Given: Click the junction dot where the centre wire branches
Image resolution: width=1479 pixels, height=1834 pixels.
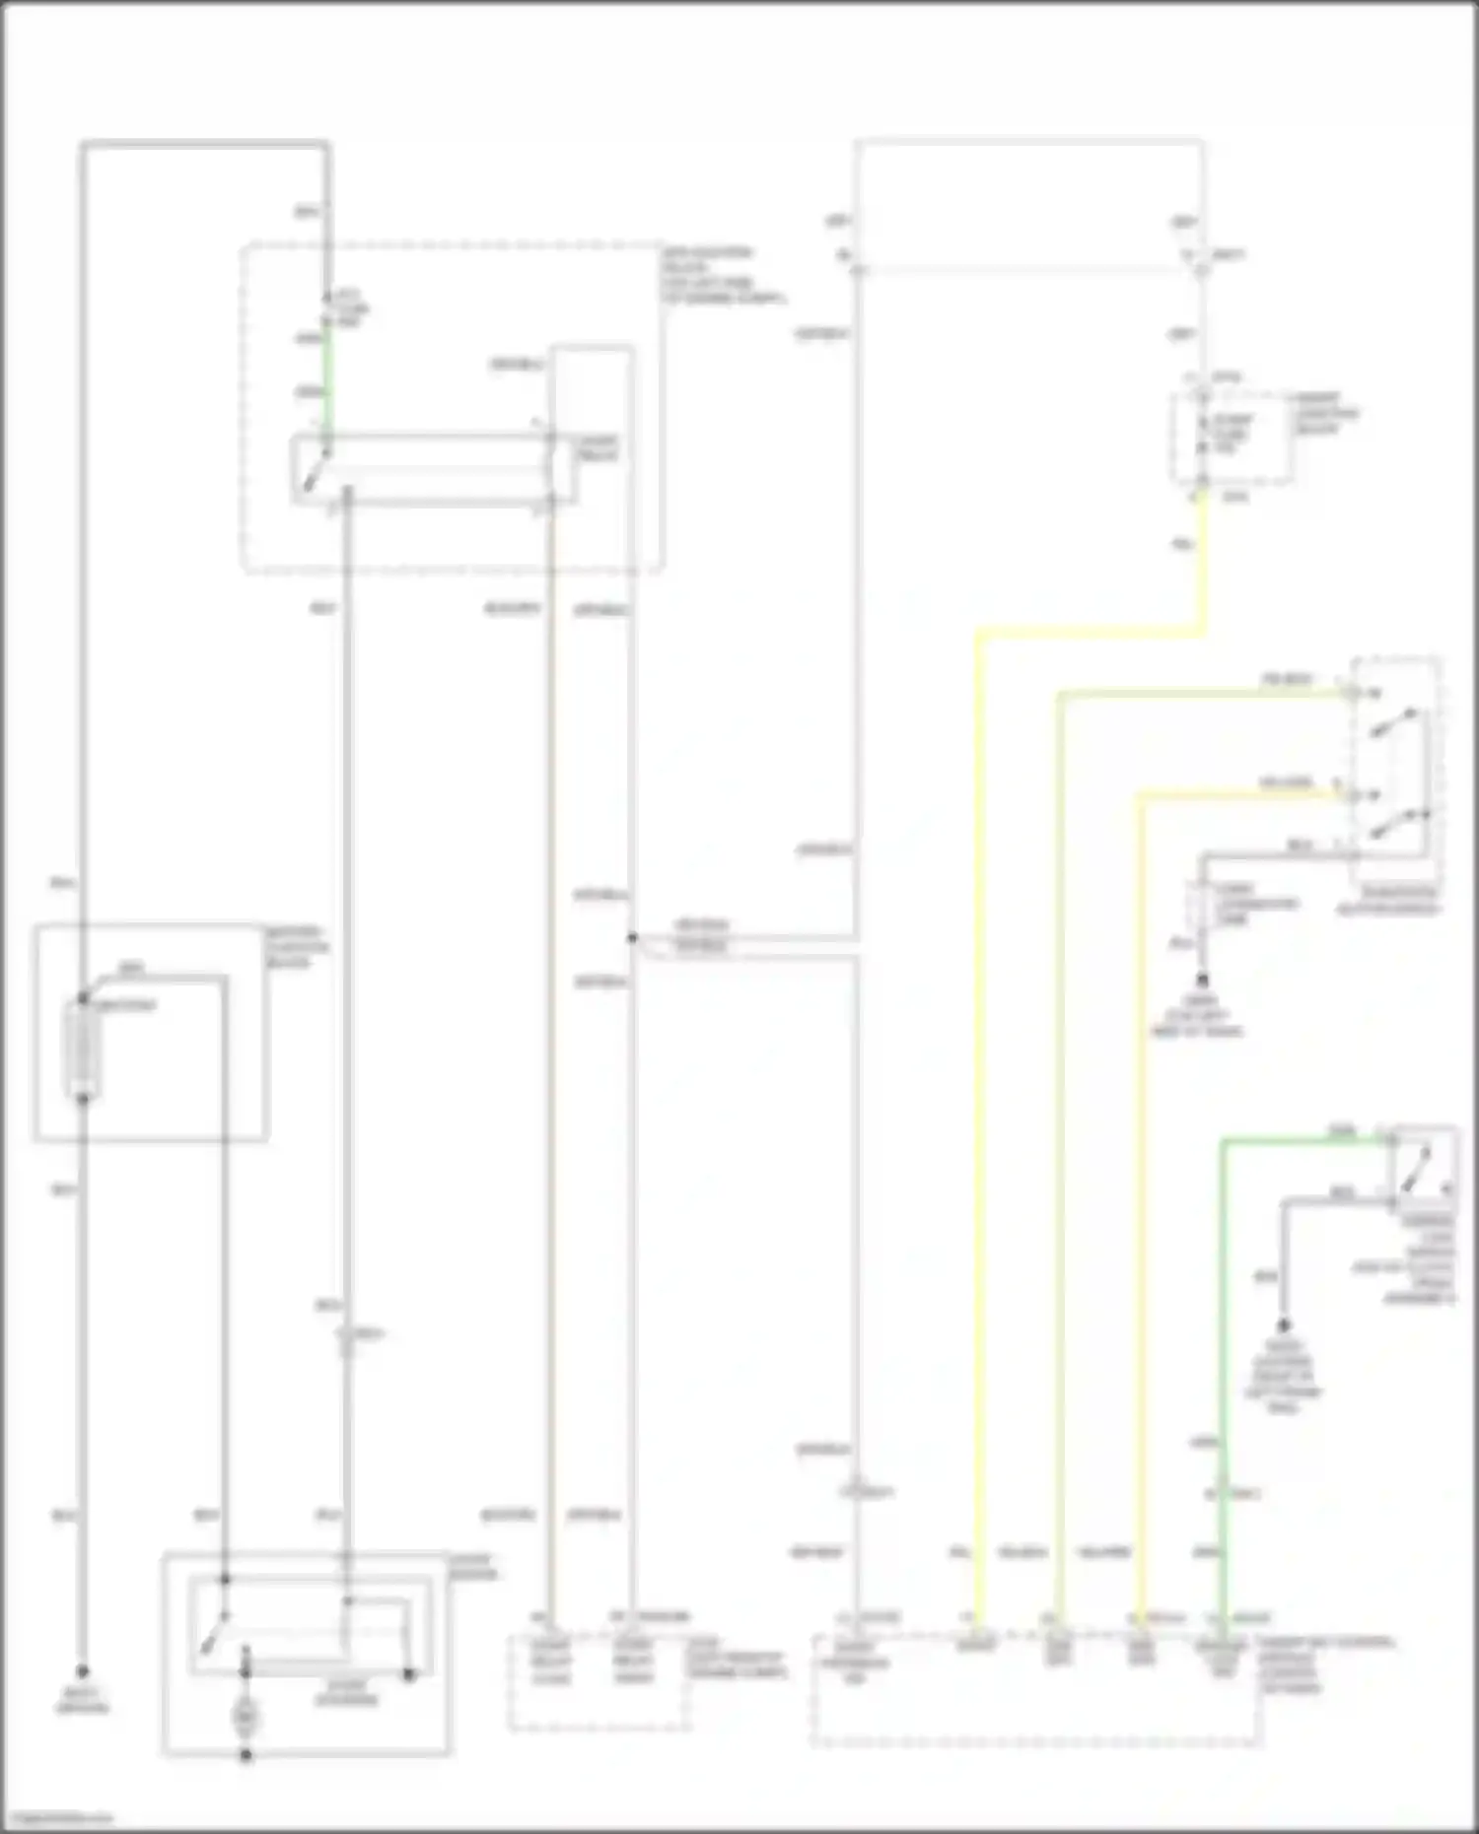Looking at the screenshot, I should [x=632, y=938].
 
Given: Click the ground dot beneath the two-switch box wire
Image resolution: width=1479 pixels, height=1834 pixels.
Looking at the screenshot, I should [x=1203, y=981].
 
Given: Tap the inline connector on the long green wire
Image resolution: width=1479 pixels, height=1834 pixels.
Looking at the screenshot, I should [x=1222, y=1493].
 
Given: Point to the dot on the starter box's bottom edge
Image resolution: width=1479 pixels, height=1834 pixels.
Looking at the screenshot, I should [x=246, y=1755].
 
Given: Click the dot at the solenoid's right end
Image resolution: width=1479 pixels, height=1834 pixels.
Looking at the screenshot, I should [x=410, y=1674].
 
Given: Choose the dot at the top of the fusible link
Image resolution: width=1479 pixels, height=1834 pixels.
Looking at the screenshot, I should [x=83, y=996].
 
